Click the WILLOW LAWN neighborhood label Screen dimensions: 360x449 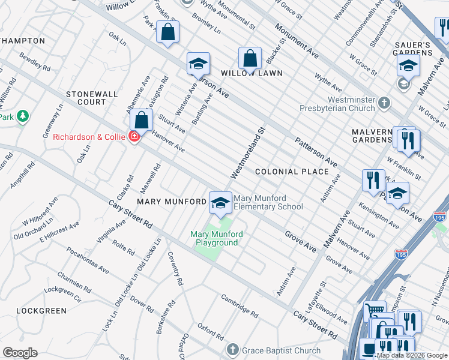tap(252, 73)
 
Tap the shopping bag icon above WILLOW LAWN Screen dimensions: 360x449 tap(250, 59)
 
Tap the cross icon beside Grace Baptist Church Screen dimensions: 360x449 tap(233, 349)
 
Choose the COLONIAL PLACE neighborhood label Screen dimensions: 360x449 tap(292, 172)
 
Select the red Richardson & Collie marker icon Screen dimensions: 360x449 tap(133, 136)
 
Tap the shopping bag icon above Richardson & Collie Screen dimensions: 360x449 tap(141, 121)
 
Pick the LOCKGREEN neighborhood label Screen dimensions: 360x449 tap(41, 311)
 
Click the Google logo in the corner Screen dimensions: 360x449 tap(20, 353)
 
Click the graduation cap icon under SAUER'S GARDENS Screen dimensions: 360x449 tap(408, 65)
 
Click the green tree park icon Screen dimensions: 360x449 tap(23, 115)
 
